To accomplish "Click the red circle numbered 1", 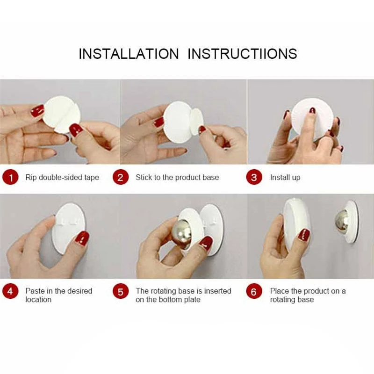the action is coord(10,178).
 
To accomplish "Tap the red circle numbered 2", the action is coord(121,178).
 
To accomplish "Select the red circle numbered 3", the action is coord(254,178).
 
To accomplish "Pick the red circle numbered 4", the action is coord(10,291).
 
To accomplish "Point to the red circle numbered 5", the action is coord(121,291).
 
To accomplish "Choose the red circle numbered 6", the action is coord(254,291).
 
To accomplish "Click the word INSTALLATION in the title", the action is coord(129,54).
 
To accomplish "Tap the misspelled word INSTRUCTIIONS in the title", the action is coord(242,54).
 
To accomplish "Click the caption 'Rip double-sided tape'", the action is coord(62,178).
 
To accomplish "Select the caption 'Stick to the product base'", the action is coord(177,178).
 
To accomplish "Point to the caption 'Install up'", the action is coord(285,178).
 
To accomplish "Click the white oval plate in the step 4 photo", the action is coord(69,228).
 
